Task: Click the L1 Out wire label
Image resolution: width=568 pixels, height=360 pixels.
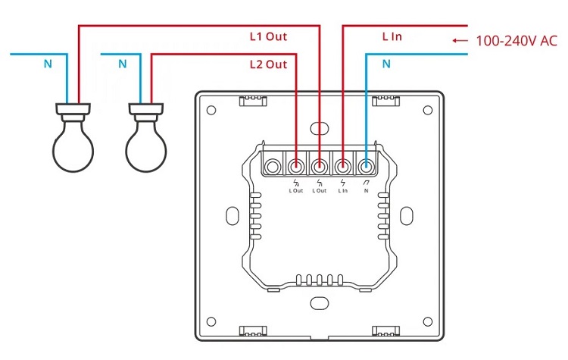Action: (x=268, y=36)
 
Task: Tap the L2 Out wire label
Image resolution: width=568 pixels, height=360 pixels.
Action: (x=268, y=64)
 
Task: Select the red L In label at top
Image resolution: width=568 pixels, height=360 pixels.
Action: (x=392, y=36)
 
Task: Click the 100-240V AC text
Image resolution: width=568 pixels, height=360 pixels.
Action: (x=517, y=41)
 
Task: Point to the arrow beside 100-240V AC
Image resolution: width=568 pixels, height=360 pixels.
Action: (x=460, y=41)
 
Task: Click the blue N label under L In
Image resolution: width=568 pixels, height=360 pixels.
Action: (x=386, y=64)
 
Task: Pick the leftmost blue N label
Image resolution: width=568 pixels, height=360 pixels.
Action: (x=48, y=64)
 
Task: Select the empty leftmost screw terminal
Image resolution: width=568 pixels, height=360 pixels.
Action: (x=272, y=167)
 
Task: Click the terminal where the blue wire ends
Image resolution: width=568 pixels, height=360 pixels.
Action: (x=366, y=167)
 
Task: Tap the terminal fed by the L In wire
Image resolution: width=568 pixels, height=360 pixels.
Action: (x=342, y=167)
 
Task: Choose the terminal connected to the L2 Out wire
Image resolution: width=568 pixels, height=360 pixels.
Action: (x=295, y=167)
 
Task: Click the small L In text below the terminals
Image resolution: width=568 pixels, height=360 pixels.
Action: (x=342, y=191)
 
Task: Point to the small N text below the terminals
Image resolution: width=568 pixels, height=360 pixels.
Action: (x=367, y=191)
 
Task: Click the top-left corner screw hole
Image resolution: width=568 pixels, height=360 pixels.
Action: (x=211, y=110)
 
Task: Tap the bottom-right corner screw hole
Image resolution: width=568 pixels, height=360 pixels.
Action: (x=428, y=321)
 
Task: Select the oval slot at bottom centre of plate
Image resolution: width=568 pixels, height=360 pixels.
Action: (x=320, y=303)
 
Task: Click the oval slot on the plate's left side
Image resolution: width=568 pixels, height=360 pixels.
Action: (x=233, y=216)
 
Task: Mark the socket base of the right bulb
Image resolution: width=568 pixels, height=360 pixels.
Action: (x=146, y=112)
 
